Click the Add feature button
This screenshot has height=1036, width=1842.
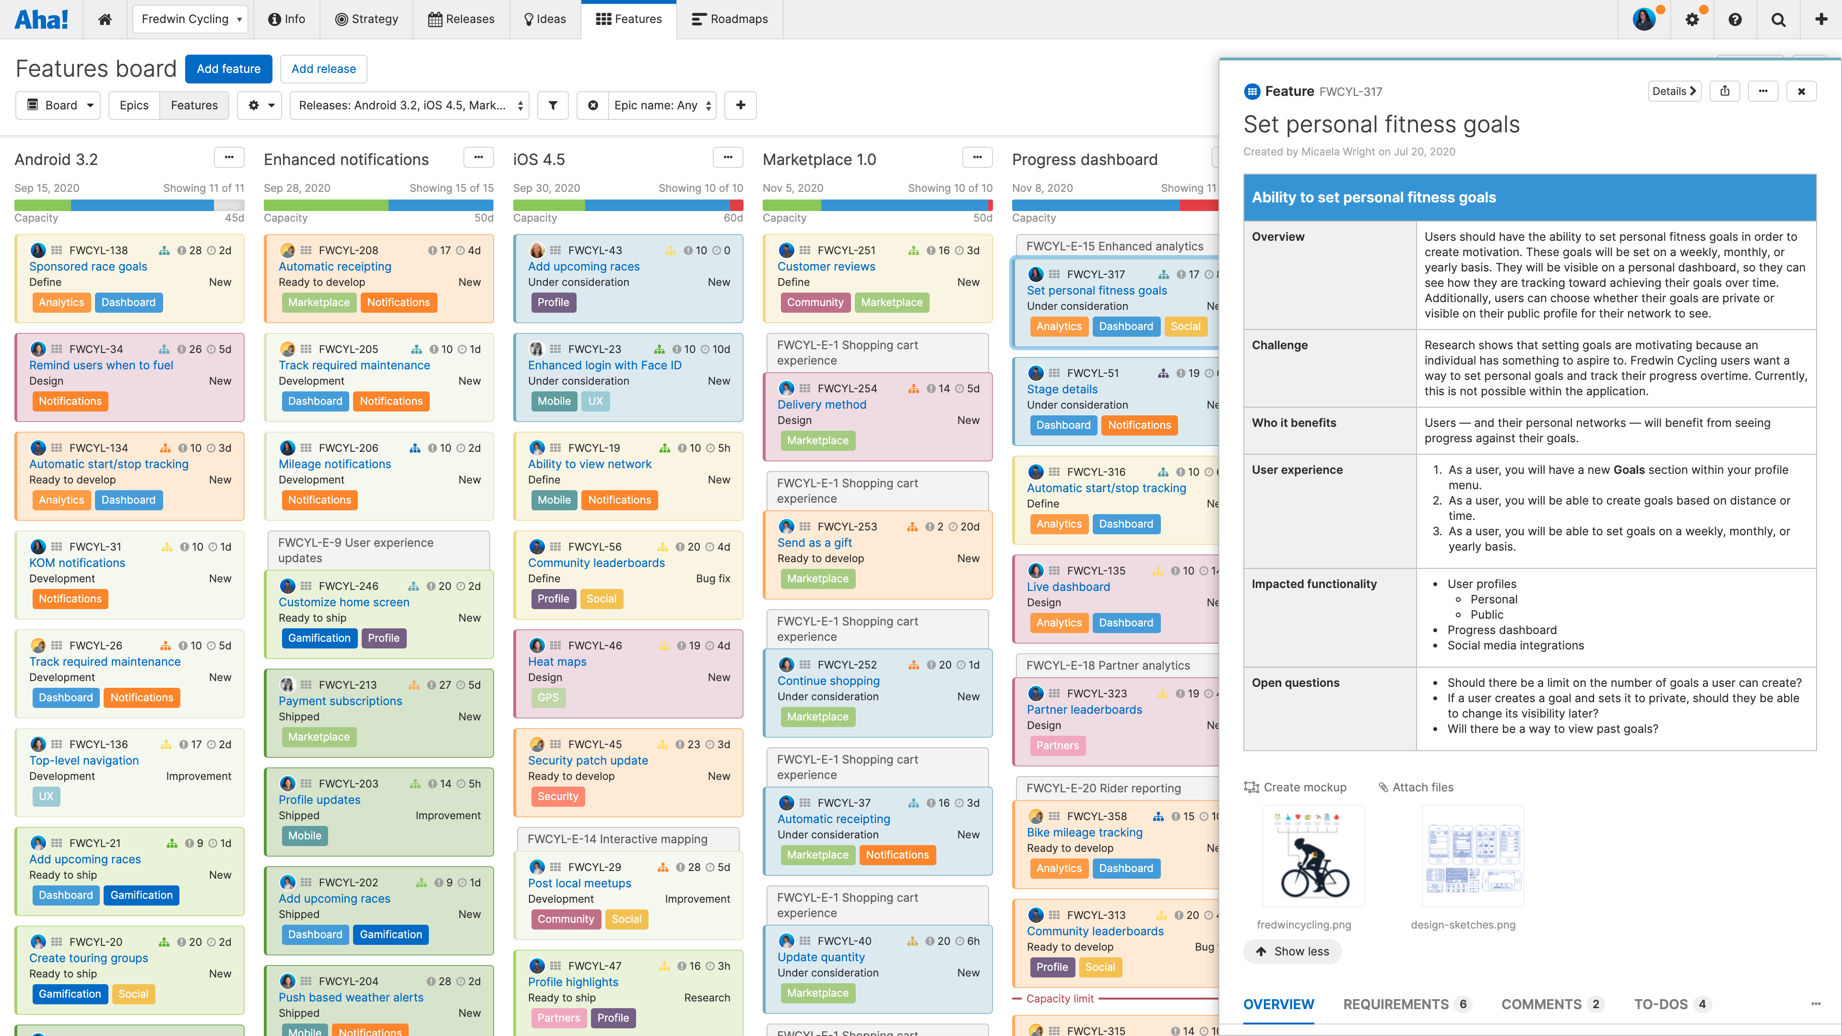[228, 69]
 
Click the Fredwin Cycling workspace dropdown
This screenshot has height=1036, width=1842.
[190, 19]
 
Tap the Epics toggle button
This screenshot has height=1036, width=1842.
[134, 105]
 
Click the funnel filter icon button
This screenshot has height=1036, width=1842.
[553, 105]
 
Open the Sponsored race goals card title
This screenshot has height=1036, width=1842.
[88, 267]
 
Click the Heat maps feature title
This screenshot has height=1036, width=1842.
[557, 662]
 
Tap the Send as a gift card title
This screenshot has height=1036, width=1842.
[815, 542]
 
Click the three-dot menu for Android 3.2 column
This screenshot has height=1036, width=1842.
[229, 158]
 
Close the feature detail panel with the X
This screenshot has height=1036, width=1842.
[1801, 92]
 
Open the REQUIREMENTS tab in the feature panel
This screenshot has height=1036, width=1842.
[1396, 1004]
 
